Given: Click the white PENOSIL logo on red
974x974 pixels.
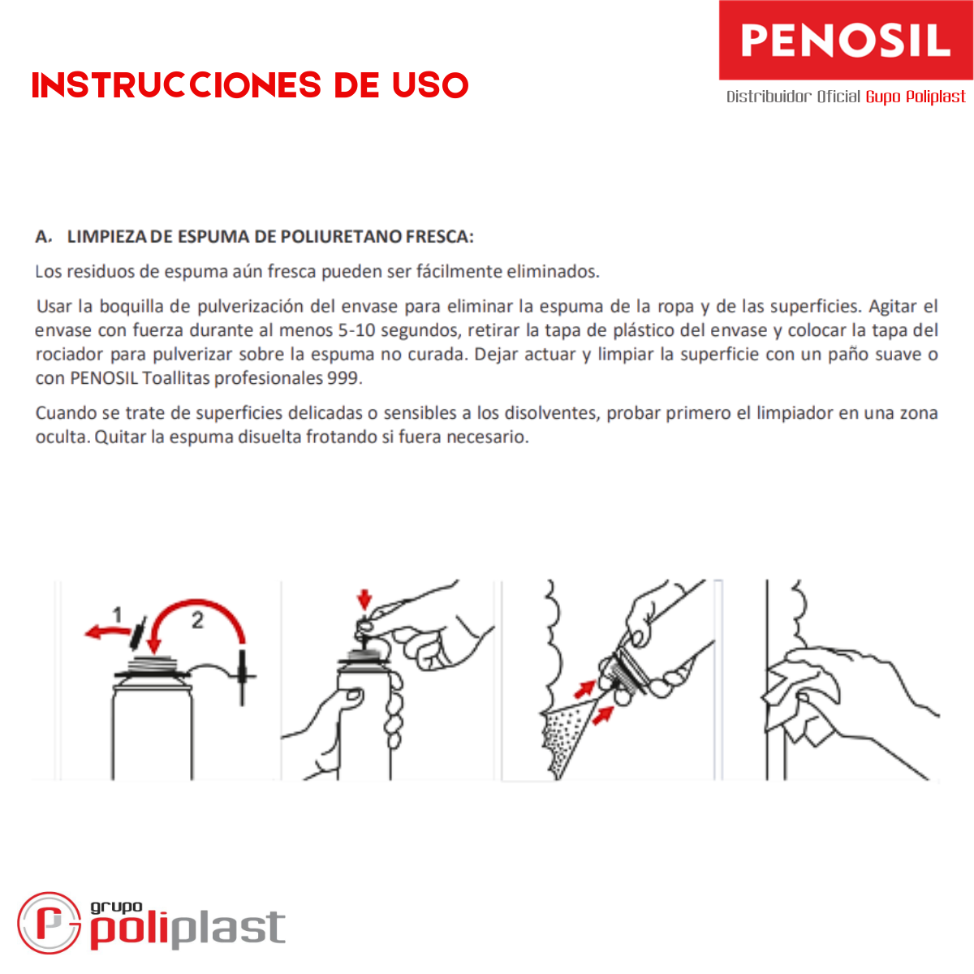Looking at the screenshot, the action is (845, 41).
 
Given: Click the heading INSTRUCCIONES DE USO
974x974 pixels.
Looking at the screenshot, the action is (250, 85).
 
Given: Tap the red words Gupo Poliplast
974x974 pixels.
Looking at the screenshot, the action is (915, 96).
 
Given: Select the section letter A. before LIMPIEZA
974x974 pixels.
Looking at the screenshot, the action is (44, 236).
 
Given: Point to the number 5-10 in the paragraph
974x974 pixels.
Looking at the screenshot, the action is (356, 330).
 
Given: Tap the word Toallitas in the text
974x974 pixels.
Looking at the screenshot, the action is (175, 378).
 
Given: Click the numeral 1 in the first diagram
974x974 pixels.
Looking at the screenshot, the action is (117, 615).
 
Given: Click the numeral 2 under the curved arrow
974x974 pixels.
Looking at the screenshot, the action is (197, 620).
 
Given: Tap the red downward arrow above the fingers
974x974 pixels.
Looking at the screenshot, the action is (364, 600).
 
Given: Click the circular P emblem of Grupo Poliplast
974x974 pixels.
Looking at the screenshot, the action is (49, 923).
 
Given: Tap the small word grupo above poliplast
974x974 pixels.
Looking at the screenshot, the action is (116, 907).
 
